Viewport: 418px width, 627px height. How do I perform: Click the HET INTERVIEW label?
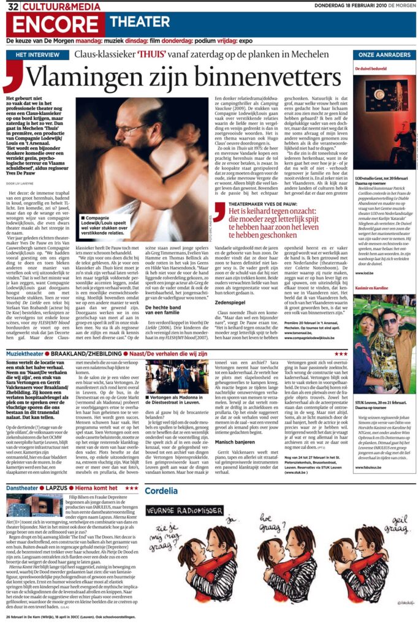pyautogui.click(x=35, y=55)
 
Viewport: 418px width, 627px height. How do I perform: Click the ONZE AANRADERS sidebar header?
pyautogui.click(x=384, y=55)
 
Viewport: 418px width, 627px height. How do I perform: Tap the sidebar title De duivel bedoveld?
pyautogui.click(x=372, y=69)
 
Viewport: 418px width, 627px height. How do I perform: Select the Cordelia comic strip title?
pyautogui.click(x=162, y=491)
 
